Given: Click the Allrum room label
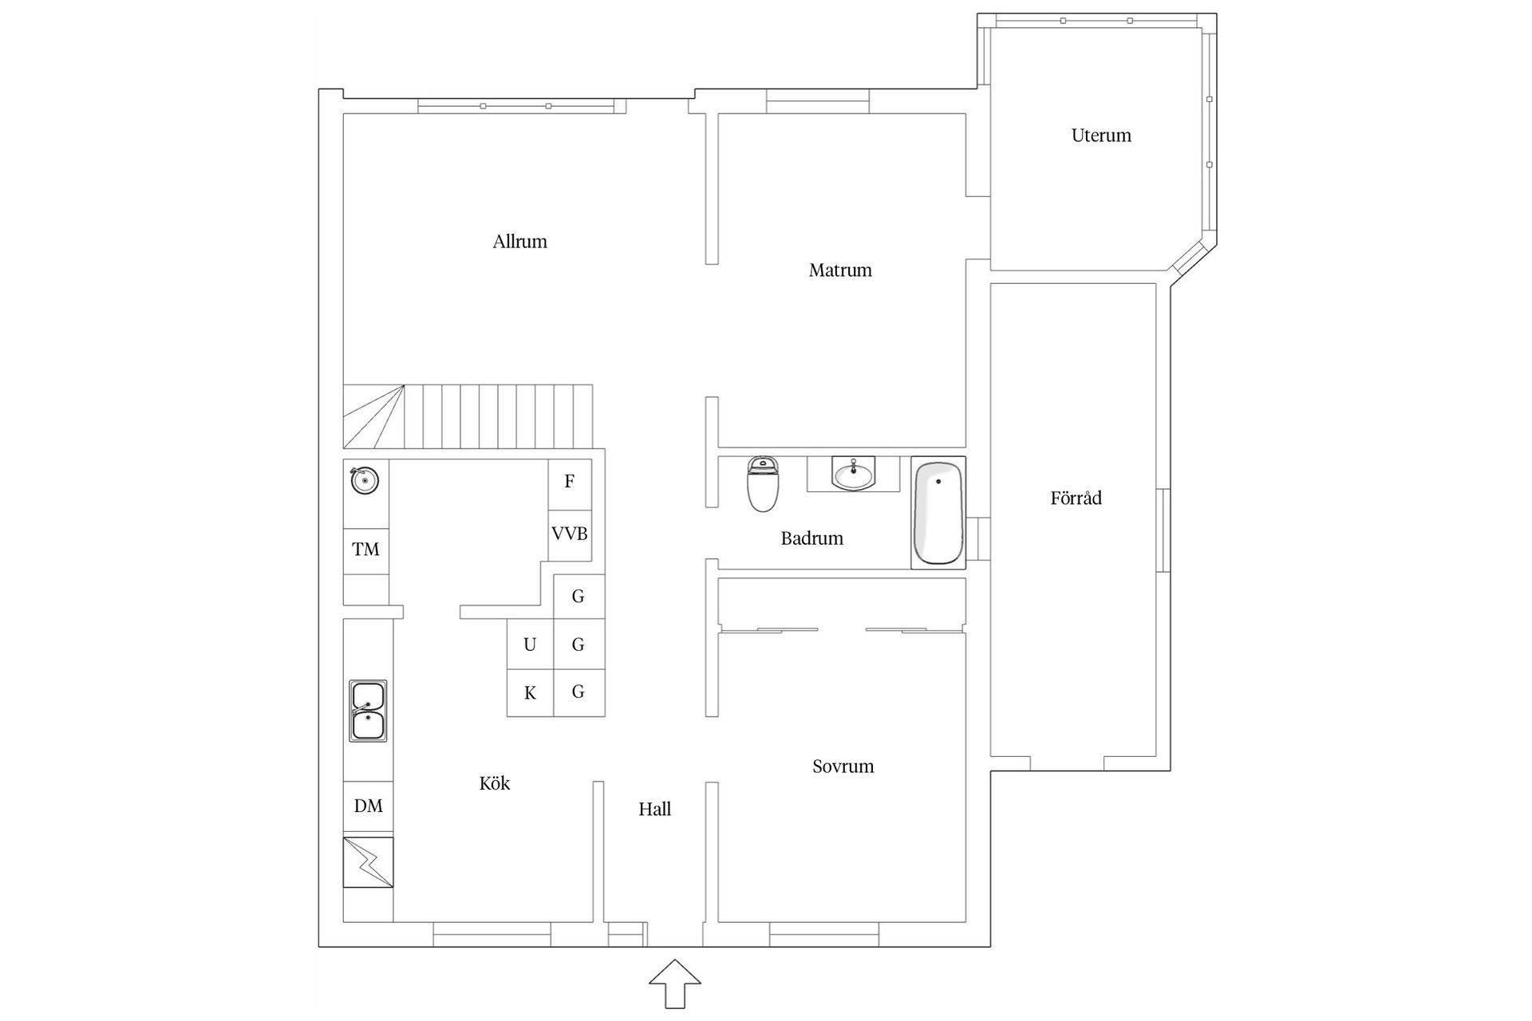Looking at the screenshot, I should point(519,242).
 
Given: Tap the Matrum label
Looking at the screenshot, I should point(840,270).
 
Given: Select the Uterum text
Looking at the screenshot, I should point(1101,136).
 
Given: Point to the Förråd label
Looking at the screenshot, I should point(1076,499).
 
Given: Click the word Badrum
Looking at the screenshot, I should point(811,538).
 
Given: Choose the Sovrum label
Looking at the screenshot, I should point(843,767).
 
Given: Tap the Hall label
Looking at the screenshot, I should point(654,810).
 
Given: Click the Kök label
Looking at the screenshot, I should point(495,783).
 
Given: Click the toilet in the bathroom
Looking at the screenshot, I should point(763,484).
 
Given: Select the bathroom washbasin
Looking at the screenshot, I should point(853,474).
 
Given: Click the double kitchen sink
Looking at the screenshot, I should point(368,711).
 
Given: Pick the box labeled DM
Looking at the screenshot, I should point(368,806).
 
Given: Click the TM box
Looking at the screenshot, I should point(366,550).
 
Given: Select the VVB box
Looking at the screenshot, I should point(570,534).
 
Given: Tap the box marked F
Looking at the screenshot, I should point(570,482).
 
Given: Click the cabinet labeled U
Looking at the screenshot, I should point(530,645).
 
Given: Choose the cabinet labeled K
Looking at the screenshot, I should point(530,693).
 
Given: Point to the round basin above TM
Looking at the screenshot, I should point(365,480).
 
